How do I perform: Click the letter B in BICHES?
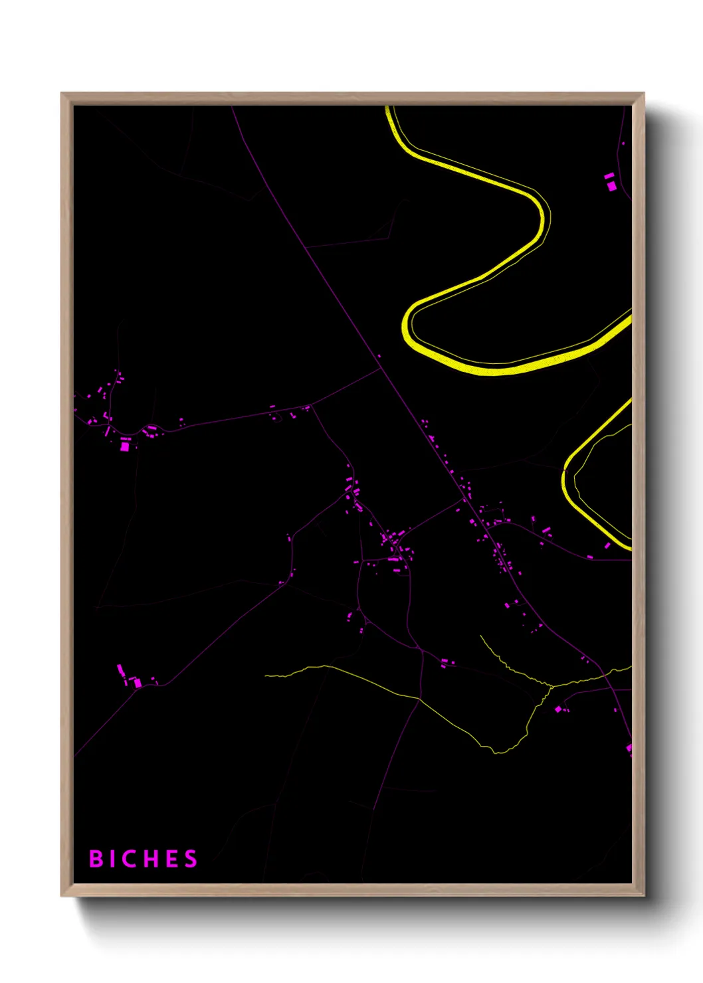point(96,859)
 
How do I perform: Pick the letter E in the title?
point(172,859)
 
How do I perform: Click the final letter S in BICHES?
point(191,859)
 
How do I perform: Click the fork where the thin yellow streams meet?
point(550,686)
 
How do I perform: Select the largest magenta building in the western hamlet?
point(124,446)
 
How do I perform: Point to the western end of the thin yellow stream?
point(266,675)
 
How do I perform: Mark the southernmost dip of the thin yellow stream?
point(498,753)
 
